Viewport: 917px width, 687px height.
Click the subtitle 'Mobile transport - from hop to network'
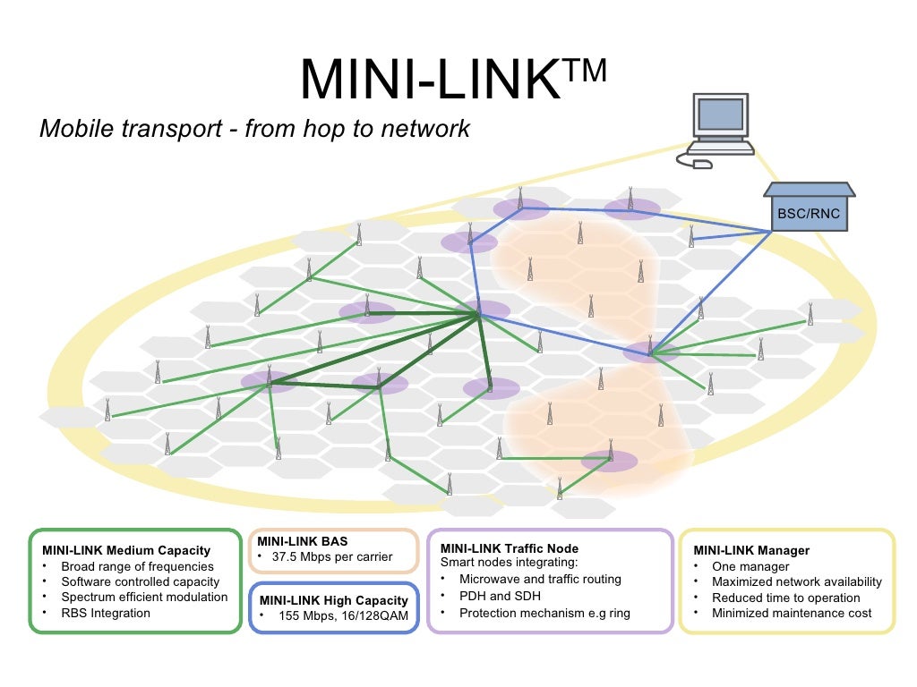[x=254, y=129]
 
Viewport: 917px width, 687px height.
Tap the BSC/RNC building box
[x=810, y=215]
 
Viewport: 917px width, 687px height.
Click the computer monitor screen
[x=720, y=115]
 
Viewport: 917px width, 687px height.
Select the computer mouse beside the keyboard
[x=701, y=164]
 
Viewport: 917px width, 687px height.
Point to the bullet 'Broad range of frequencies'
[x=137, y=566]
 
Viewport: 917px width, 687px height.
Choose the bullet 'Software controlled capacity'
[x=140, y=581]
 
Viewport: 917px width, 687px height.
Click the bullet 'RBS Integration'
[x=106, y=613]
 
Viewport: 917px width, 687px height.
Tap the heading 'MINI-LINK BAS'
[x=303, y=541]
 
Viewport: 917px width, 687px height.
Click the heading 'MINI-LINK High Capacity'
[x=334, y=600]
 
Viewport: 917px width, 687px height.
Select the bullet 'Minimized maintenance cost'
[x=792, y=614]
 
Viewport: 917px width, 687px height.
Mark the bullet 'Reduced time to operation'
[x=785, y=598]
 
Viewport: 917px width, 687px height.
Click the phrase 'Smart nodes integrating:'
[x=507, y=563]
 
